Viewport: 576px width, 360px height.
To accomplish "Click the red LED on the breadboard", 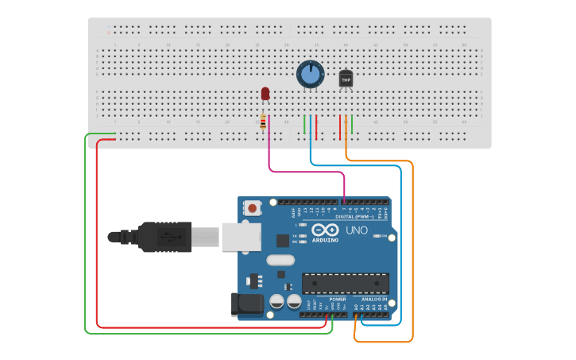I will [x=265, y=94].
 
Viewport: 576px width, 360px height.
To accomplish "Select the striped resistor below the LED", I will [x=263, y=122].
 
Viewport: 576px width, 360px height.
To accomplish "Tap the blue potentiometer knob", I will [x=310, y=75].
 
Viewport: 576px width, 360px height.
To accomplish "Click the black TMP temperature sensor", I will [x=346, y=79].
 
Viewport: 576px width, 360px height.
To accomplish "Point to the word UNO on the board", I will [x=357, y=230].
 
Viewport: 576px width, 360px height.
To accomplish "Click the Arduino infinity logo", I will [x=331, y=230].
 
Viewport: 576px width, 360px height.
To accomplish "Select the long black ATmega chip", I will [x=346, y=282].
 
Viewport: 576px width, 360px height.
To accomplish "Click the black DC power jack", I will [x=245, y=305].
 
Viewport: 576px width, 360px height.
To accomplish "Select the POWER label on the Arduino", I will [x=327, y=299].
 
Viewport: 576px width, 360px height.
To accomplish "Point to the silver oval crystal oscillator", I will [x=280, y=260].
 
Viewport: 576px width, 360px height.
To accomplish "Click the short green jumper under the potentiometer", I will [x=304, y=124].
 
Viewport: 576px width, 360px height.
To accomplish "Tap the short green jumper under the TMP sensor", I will [x=352, y=124].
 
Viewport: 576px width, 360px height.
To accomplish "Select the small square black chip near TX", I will [x=283, y=240].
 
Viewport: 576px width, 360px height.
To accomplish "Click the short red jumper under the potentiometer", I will [x=316, y=126].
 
